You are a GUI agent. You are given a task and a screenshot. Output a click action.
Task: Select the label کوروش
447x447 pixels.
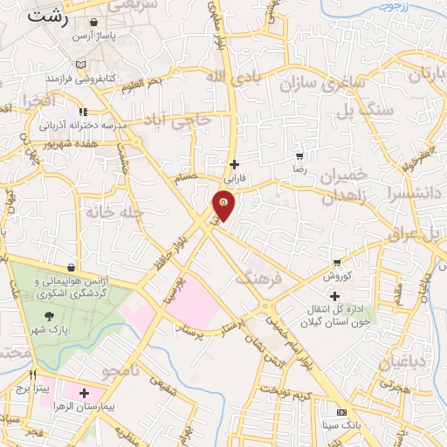pyautogui.click(x=337, y=276)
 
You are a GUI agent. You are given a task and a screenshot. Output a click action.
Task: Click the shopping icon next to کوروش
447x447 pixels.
pyautogui.click(x=338, y=262)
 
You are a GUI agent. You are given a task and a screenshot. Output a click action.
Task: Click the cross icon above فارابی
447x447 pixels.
pyautogui.click(x=234, y=164)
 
